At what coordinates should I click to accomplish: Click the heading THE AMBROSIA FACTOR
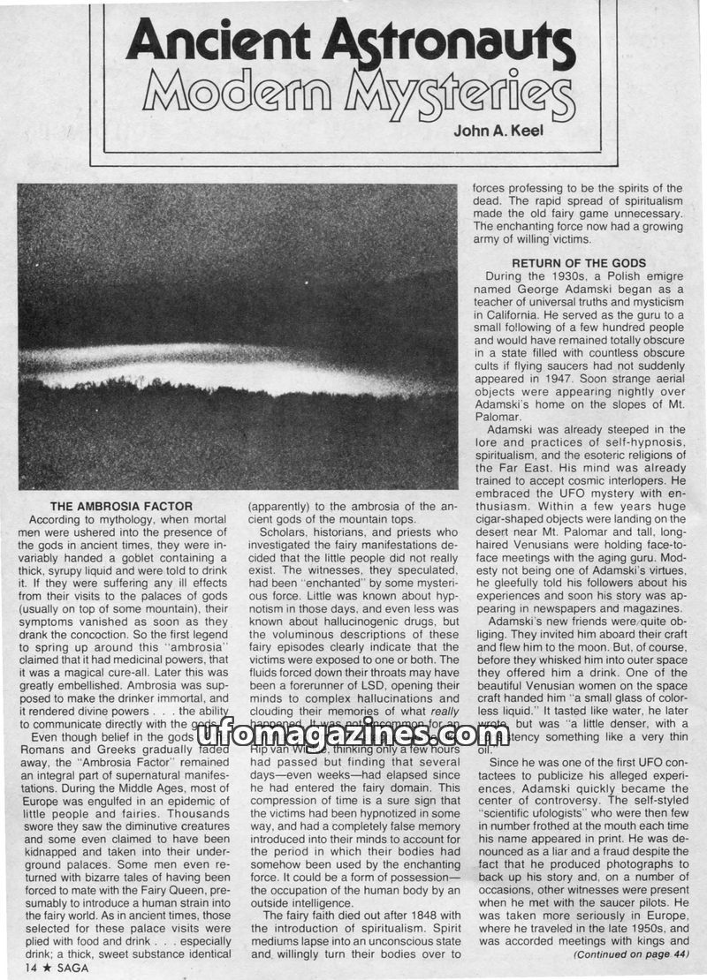coord(121,506)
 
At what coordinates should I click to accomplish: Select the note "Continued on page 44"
coord(628,954)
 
